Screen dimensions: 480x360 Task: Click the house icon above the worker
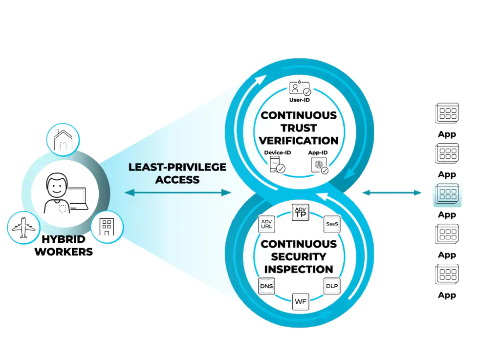tap(63, 140)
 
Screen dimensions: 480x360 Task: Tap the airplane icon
tap(23, 228)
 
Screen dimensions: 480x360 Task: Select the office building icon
tap(107, 227)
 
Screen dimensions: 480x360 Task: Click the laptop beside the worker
tap(78, 199)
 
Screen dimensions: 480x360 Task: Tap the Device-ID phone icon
tap(277, 165)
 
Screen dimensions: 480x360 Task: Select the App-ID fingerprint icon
tap(320, 166)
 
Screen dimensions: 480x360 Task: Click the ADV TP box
tap(301, 212)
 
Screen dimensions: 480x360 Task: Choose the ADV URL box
tap(266, 224)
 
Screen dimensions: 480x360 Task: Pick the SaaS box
tap(332, 224)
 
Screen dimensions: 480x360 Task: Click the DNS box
tap(266, 286)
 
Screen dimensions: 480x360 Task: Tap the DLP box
tap(332, 286)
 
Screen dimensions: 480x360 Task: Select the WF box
tap(301, 301)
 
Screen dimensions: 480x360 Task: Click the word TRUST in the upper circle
tap(299, 128)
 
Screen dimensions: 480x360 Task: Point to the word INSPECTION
tap(299, 269)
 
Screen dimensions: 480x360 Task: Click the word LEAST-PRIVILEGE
tap(177, 167)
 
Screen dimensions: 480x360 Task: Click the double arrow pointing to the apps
tap(392, 192)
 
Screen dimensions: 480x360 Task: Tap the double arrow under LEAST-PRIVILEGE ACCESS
tap(178, 192)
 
